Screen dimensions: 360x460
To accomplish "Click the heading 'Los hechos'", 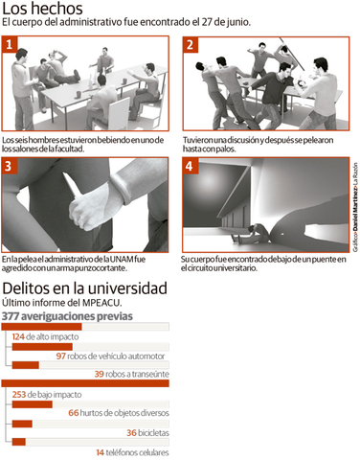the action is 42,9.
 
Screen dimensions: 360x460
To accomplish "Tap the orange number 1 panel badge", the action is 10,44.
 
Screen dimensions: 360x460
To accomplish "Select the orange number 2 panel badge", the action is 191,45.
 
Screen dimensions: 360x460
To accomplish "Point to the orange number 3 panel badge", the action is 9,166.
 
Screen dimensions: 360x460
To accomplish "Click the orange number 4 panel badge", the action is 191,166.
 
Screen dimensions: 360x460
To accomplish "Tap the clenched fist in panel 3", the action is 88,209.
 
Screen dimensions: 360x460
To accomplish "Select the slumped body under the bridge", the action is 252,233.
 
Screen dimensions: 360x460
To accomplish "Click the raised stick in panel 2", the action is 292,54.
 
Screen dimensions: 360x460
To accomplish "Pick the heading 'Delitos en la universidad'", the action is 84,288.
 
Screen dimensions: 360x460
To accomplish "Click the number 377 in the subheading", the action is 11,316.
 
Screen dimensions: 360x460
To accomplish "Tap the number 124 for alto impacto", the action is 18,336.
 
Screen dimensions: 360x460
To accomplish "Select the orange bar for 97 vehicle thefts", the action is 42,347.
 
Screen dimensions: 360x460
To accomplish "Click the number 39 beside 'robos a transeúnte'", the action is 99,374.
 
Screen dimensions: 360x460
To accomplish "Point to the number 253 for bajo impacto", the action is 19,395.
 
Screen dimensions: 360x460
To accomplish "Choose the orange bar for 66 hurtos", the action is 33,404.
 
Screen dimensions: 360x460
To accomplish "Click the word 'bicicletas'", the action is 153,433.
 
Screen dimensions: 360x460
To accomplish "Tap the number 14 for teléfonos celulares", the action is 101,452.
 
